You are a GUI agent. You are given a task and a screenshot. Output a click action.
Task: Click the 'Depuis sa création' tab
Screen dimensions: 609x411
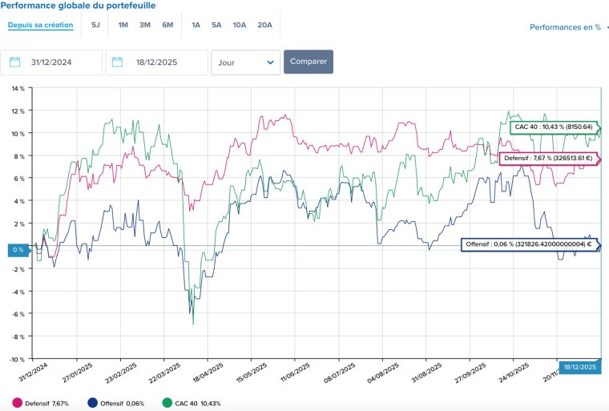tap(40, 25)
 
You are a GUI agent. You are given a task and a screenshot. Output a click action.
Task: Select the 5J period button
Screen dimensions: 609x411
tap(95, 25)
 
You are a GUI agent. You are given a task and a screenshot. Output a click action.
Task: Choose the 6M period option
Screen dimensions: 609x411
tap(167, 25)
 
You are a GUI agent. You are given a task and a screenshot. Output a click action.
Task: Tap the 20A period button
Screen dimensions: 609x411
tap(264, 25)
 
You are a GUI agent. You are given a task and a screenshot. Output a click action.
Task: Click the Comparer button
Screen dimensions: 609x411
tap(309, 62)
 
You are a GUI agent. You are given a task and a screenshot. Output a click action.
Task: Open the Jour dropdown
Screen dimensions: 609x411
tap(245, 62)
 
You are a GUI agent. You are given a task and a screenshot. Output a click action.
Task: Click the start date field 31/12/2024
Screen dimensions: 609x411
tap(51, 62)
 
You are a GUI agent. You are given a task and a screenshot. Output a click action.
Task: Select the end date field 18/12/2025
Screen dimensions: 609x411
tap(157, 62)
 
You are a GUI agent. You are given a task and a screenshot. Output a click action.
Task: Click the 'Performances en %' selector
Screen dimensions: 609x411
tap(565, 27)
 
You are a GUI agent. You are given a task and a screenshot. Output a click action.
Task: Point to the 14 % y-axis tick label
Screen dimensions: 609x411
tap(18, 89)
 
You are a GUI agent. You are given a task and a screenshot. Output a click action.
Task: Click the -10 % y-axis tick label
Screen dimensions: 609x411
tap(17, 360)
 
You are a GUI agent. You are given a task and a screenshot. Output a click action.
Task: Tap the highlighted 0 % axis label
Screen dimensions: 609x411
tap(18, 250)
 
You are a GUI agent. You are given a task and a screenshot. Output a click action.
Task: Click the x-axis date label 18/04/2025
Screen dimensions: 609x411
tap(208, 373)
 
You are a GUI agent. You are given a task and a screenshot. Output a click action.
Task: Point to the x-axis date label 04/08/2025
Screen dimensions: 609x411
tap(382, 373)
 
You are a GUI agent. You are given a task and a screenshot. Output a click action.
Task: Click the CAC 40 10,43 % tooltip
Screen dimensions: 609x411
tap(555, 127)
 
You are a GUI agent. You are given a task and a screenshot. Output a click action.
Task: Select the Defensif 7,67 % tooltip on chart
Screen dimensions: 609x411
tap(549, 158)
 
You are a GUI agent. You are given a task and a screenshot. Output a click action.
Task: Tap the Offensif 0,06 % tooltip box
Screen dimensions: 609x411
tap(530, 244)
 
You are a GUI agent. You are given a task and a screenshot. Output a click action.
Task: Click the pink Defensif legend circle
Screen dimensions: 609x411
tap(17, 403)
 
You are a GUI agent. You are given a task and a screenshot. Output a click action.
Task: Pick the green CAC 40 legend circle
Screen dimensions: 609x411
tap(167, 403)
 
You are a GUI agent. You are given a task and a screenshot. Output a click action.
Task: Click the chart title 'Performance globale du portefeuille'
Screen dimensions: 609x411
tap(78, 6)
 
